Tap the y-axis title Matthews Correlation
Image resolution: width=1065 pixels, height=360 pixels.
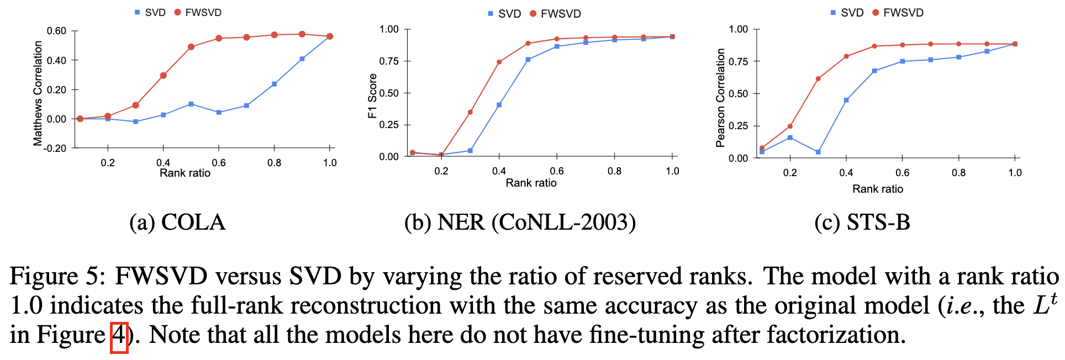click(38, 93)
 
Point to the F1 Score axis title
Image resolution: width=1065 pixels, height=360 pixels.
click(372, 96)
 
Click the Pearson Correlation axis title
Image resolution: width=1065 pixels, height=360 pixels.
click(720, 98)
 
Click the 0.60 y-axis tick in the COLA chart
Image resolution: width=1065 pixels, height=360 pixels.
click(56, 31)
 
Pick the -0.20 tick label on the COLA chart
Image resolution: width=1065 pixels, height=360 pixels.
click(56, 148)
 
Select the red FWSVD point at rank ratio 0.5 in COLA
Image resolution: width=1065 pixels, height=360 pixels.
click(191, 47)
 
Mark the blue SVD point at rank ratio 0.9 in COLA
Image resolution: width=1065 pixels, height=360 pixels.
click(302, 59)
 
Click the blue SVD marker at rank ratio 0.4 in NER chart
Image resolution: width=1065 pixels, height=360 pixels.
click(499, 105)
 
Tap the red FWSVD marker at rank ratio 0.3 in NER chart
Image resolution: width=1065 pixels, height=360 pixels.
click(470, 112)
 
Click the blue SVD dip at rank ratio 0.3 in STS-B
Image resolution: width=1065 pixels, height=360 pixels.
click(818, 152)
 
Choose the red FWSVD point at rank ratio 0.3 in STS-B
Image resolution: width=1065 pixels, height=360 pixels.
click(818, 79)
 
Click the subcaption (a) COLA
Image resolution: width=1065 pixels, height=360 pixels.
click(177, 222)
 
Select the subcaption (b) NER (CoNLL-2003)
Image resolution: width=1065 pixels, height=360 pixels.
click(520, 222)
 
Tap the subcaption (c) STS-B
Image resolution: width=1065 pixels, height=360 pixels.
click(862, 222)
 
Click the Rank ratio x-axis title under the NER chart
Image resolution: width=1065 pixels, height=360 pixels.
click(531, 183)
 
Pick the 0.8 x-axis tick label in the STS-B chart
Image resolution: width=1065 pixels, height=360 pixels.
click(958, 173)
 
